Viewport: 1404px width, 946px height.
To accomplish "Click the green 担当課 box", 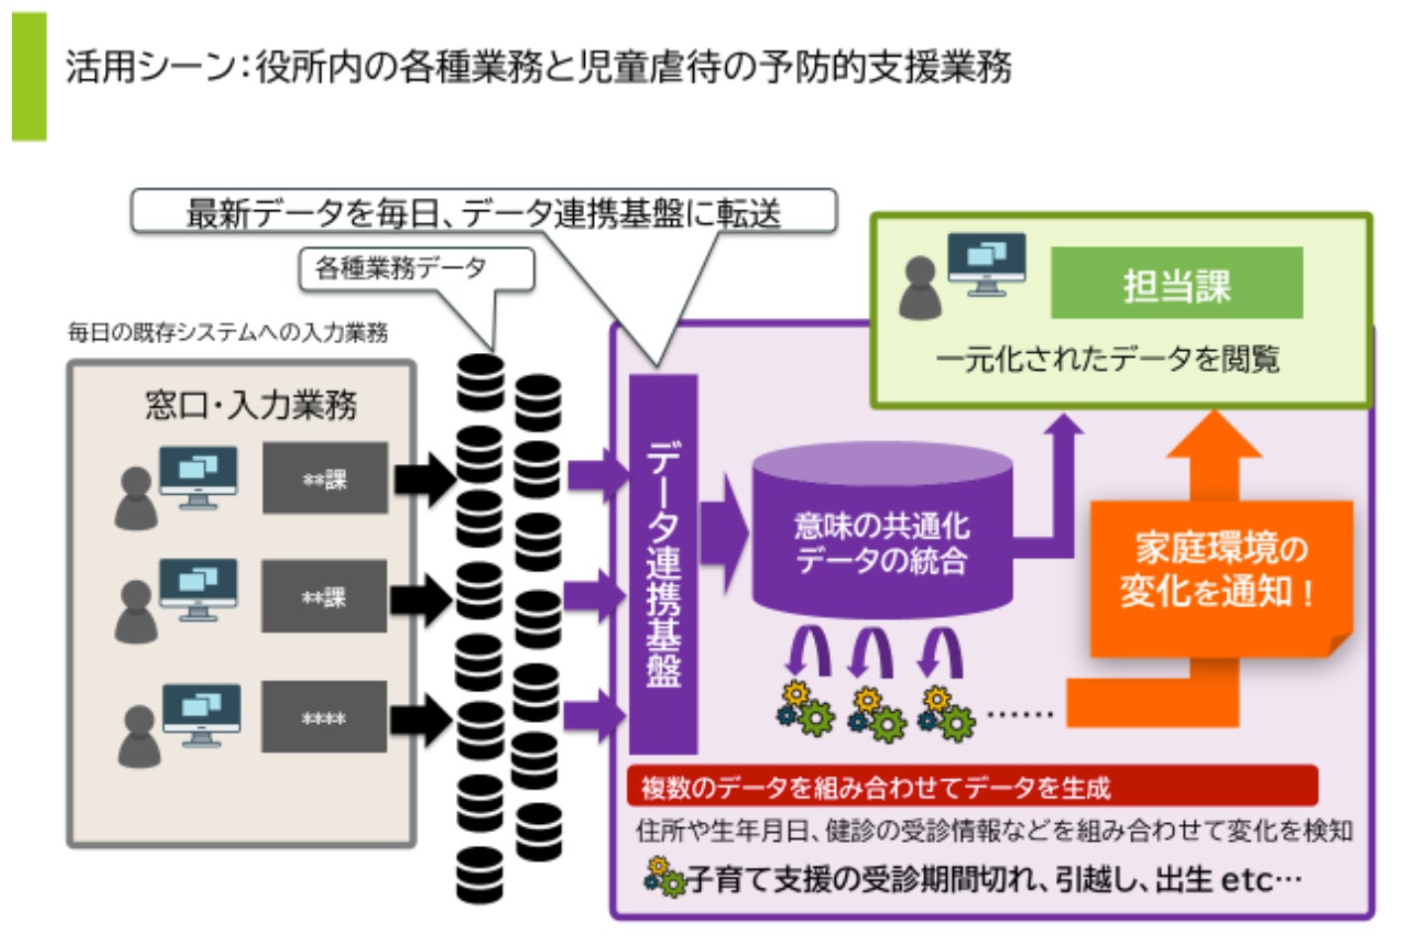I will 1176,284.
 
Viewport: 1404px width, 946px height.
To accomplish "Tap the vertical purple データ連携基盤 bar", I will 663,563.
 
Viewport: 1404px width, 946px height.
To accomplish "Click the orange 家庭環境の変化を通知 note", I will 1220,575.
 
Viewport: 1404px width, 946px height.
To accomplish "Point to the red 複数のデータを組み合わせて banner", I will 972,786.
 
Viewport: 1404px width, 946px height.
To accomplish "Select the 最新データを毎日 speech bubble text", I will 483,212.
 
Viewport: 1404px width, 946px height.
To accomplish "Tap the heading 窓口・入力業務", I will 250,405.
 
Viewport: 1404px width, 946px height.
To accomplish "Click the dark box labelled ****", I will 324,717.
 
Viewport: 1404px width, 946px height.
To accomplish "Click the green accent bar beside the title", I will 29,76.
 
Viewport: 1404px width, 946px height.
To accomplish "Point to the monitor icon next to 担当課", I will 986,263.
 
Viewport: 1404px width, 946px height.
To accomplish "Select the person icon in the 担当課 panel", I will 919,289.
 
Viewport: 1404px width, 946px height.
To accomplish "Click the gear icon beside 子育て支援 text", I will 663,878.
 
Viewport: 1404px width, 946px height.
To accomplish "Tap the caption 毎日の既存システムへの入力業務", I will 227,332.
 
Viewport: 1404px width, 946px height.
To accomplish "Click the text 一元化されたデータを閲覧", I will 1108,359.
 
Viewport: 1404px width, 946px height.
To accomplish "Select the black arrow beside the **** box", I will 421,718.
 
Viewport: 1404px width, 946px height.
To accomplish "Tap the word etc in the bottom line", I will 1245,880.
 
